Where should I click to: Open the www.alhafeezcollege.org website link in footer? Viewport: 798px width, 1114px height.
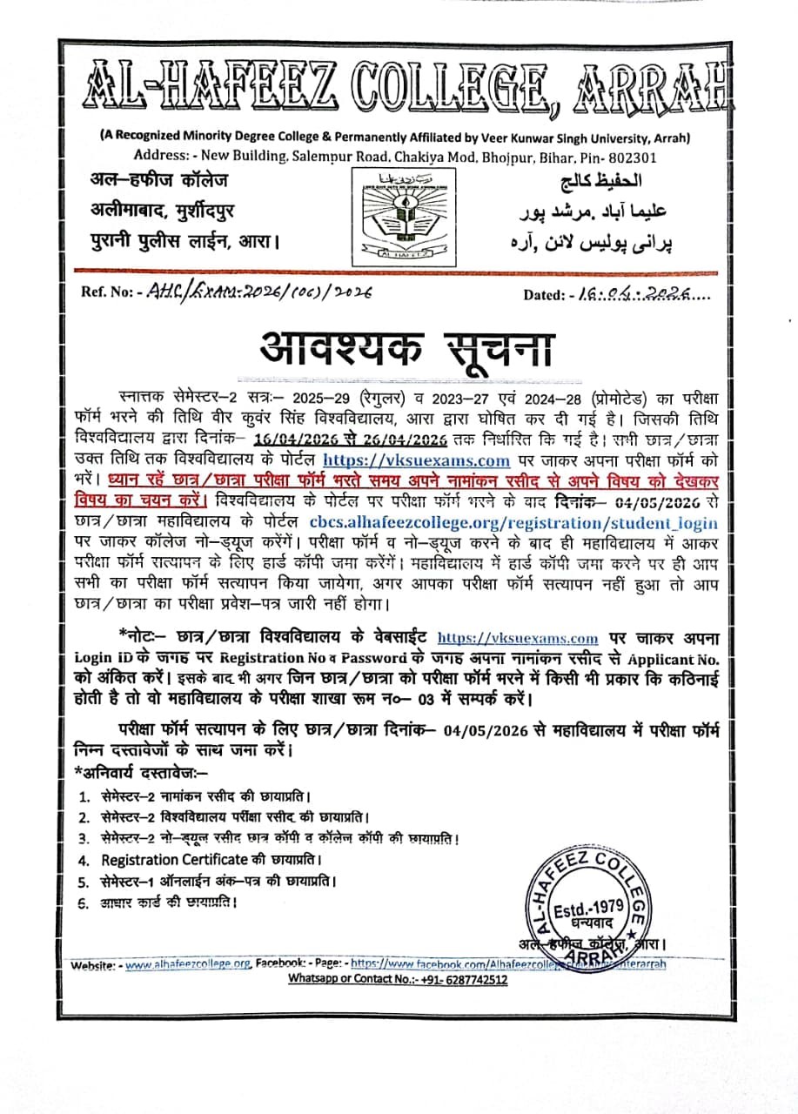coord(188,964)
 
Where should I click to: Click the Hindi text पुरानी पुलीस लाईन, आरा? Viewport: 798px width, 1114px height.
coord(185,238)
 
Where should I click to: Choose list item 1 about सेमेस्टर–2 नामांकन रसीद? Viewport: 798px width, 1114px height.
coord(205,796)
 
